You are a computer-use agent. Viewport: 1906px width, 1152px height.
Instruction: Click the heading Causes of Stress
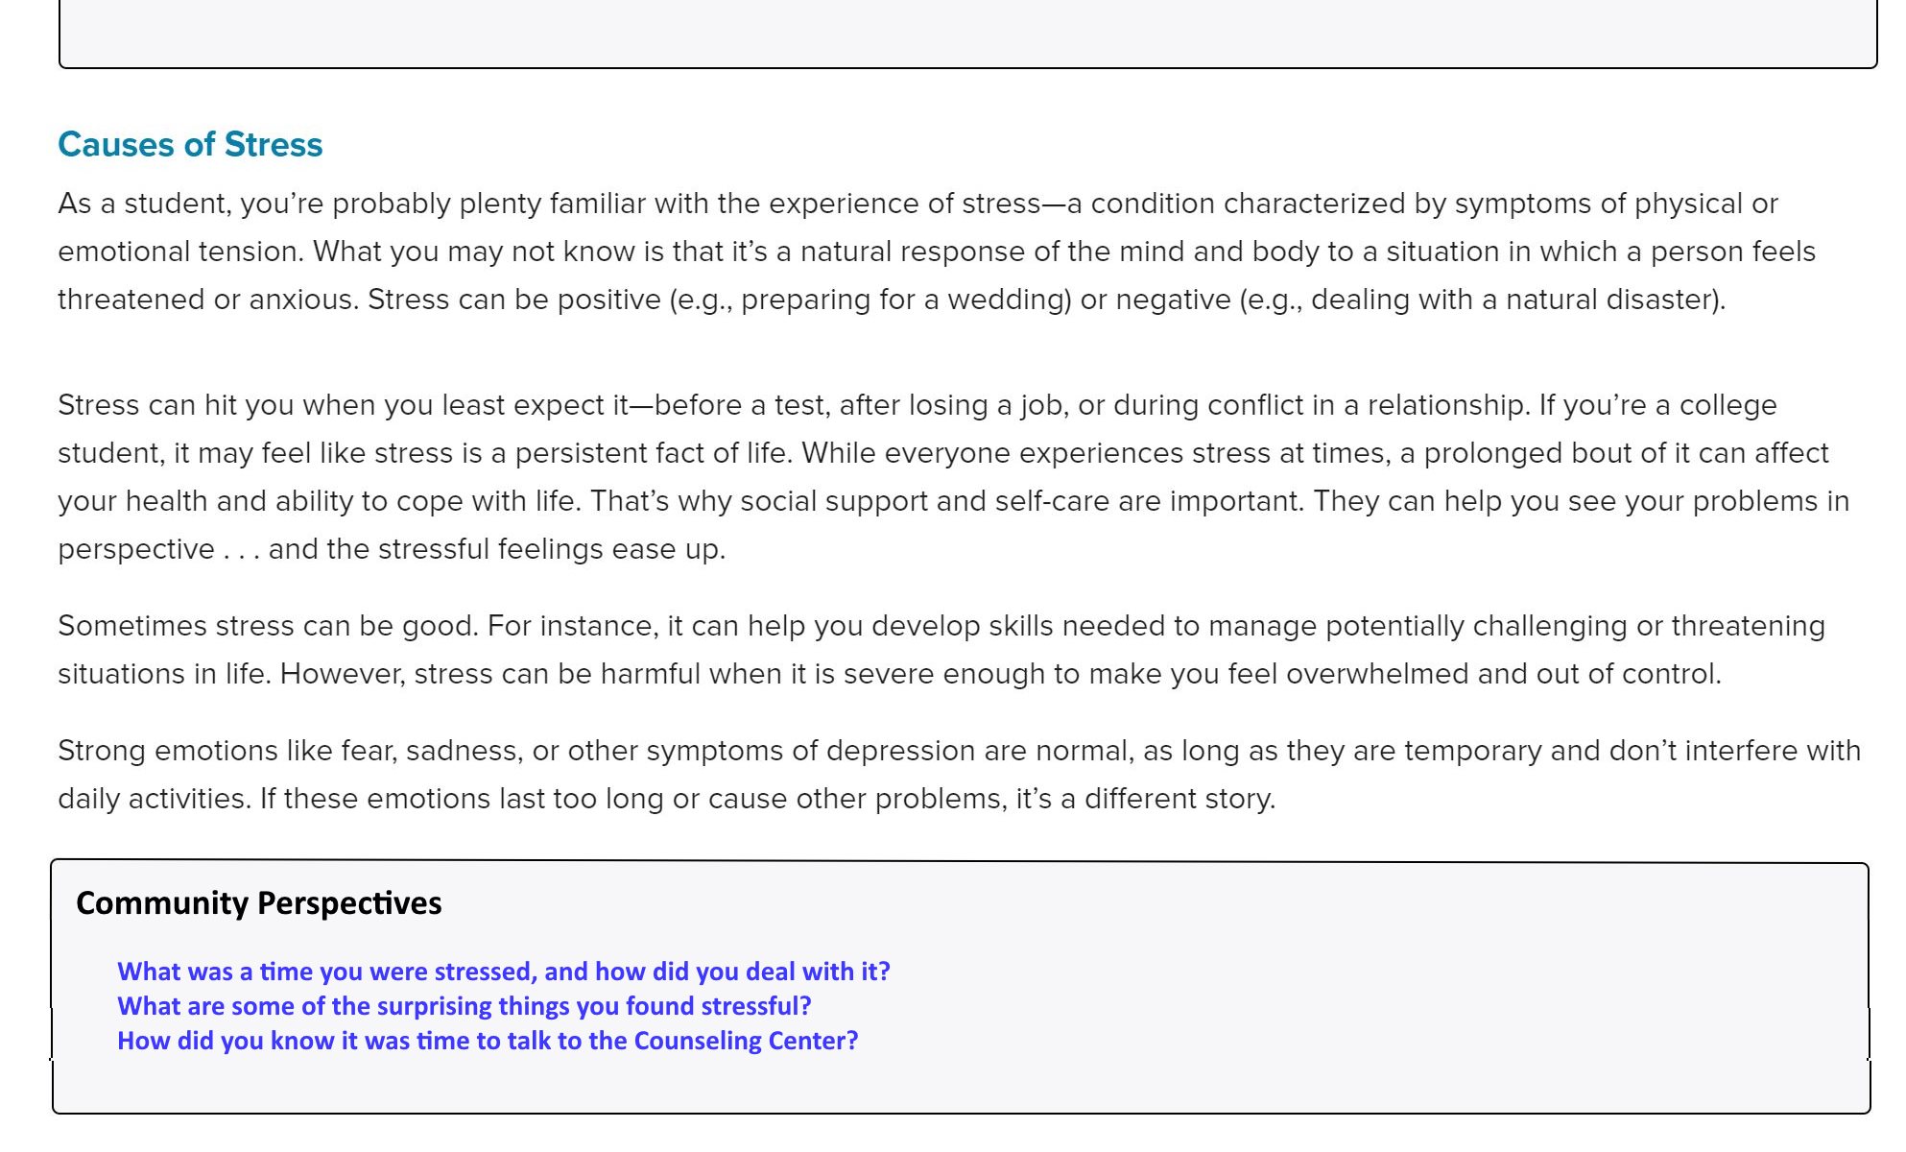click(190, 145)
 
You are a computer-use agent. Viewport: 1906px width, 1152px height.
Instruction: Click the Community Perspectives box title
click(258, 903)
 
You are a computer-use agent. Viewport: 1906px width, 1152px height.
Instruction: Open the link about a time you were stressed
click(503, 972)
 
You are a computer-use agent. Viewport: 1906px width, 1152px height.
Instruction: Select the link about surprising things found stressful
click(464, 1006)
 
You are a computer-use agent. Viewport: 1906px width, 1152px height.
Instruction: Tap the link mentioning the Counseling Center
click(487, 1041)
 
